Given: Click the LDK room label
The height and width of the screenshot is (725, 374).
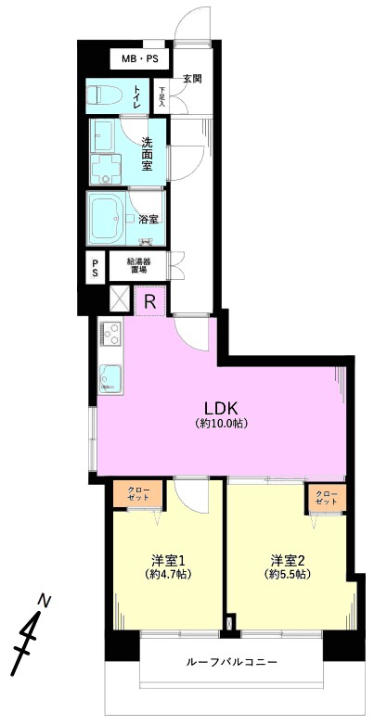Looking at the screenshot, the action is coord(221,407).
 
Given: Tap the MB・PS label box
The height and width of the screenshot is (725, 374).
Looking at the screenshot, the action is coord(139,58).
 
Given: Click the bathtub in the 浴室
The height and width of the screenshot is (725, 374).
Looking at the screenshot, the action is coord(105,216).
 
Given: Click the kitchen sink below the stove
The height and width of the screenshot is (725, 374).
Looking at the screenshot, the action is coord(110,377).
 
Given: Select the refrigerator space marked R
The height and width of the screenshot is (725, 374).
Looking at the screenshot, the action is coord(150,301).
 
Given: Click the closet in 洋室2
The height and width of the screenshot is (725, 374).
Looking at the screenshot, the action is coord(328,498).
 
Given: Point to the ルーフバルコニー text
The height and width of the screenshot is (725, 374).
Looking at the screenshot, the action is coord(231,662).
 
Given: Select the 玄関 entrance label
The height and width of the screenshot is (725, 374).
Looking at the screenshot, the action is coord(190,79).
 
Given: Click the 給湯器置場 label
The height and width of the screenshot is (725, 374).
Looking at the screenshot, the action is coord(137,266).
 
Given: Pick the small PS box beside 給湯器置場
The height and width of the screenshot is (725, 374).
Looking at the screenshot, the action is coord(96,267).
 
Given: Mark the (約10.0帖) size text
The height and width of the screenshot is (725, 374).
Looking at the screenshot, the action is coord(221,423).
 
